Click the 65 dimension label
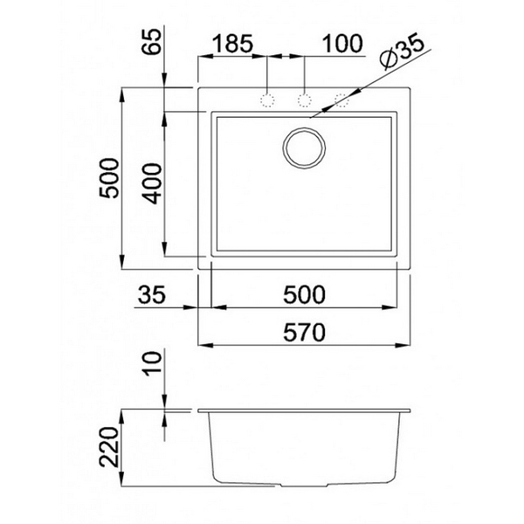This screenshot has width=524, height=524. (x=151, y=41)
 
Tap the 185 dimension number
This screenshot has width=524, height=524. (x=232, y=44)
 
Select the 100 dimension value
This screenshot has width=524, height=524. (x=342, y=44)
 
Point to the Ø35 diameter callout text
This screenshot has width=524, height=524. (x=403, y=52)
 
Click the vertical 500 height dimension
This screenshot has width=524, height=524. (x=110, y=178)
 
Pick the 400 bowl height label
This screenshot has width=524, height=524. (x=153, y=183)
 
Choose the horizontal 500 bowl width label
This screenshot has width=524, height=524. (x=304, y=294)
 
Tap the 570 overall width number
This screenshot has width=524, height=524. (x=304, y=332)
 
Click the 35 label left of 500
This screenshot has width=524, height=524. (x=152, y=294)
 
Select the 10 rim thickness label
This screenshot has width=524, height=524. (x=153, y=363)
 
